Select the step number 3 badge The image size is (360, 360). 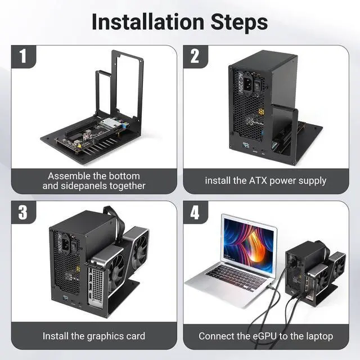23,212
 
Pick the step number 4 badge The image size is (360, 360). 195,212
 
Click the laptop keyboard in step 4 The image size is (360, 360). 236,276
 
